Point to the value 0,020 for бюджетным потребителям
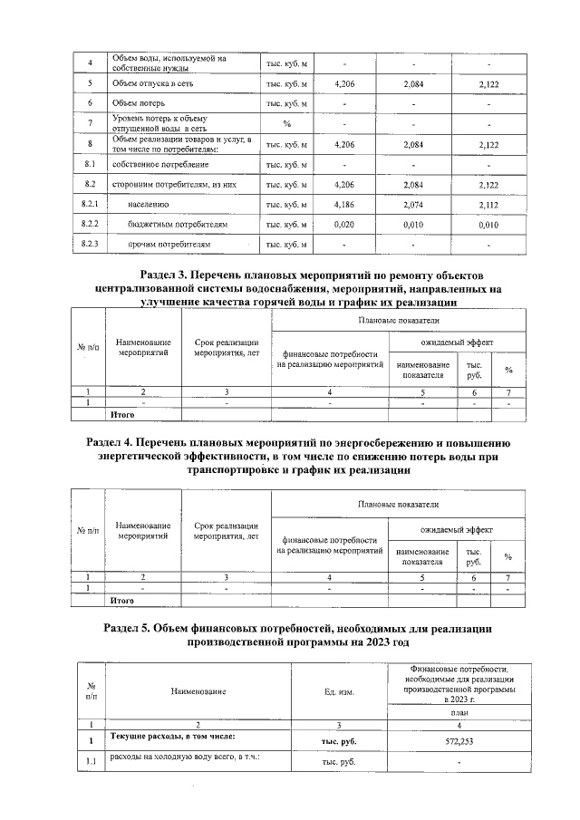[343, 225]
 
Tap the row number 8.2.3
[89, 245]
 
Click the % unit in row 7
[286, 123]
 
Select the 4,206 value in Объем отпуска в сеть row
[343, 83]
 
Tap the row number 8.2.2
[89, 225]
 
